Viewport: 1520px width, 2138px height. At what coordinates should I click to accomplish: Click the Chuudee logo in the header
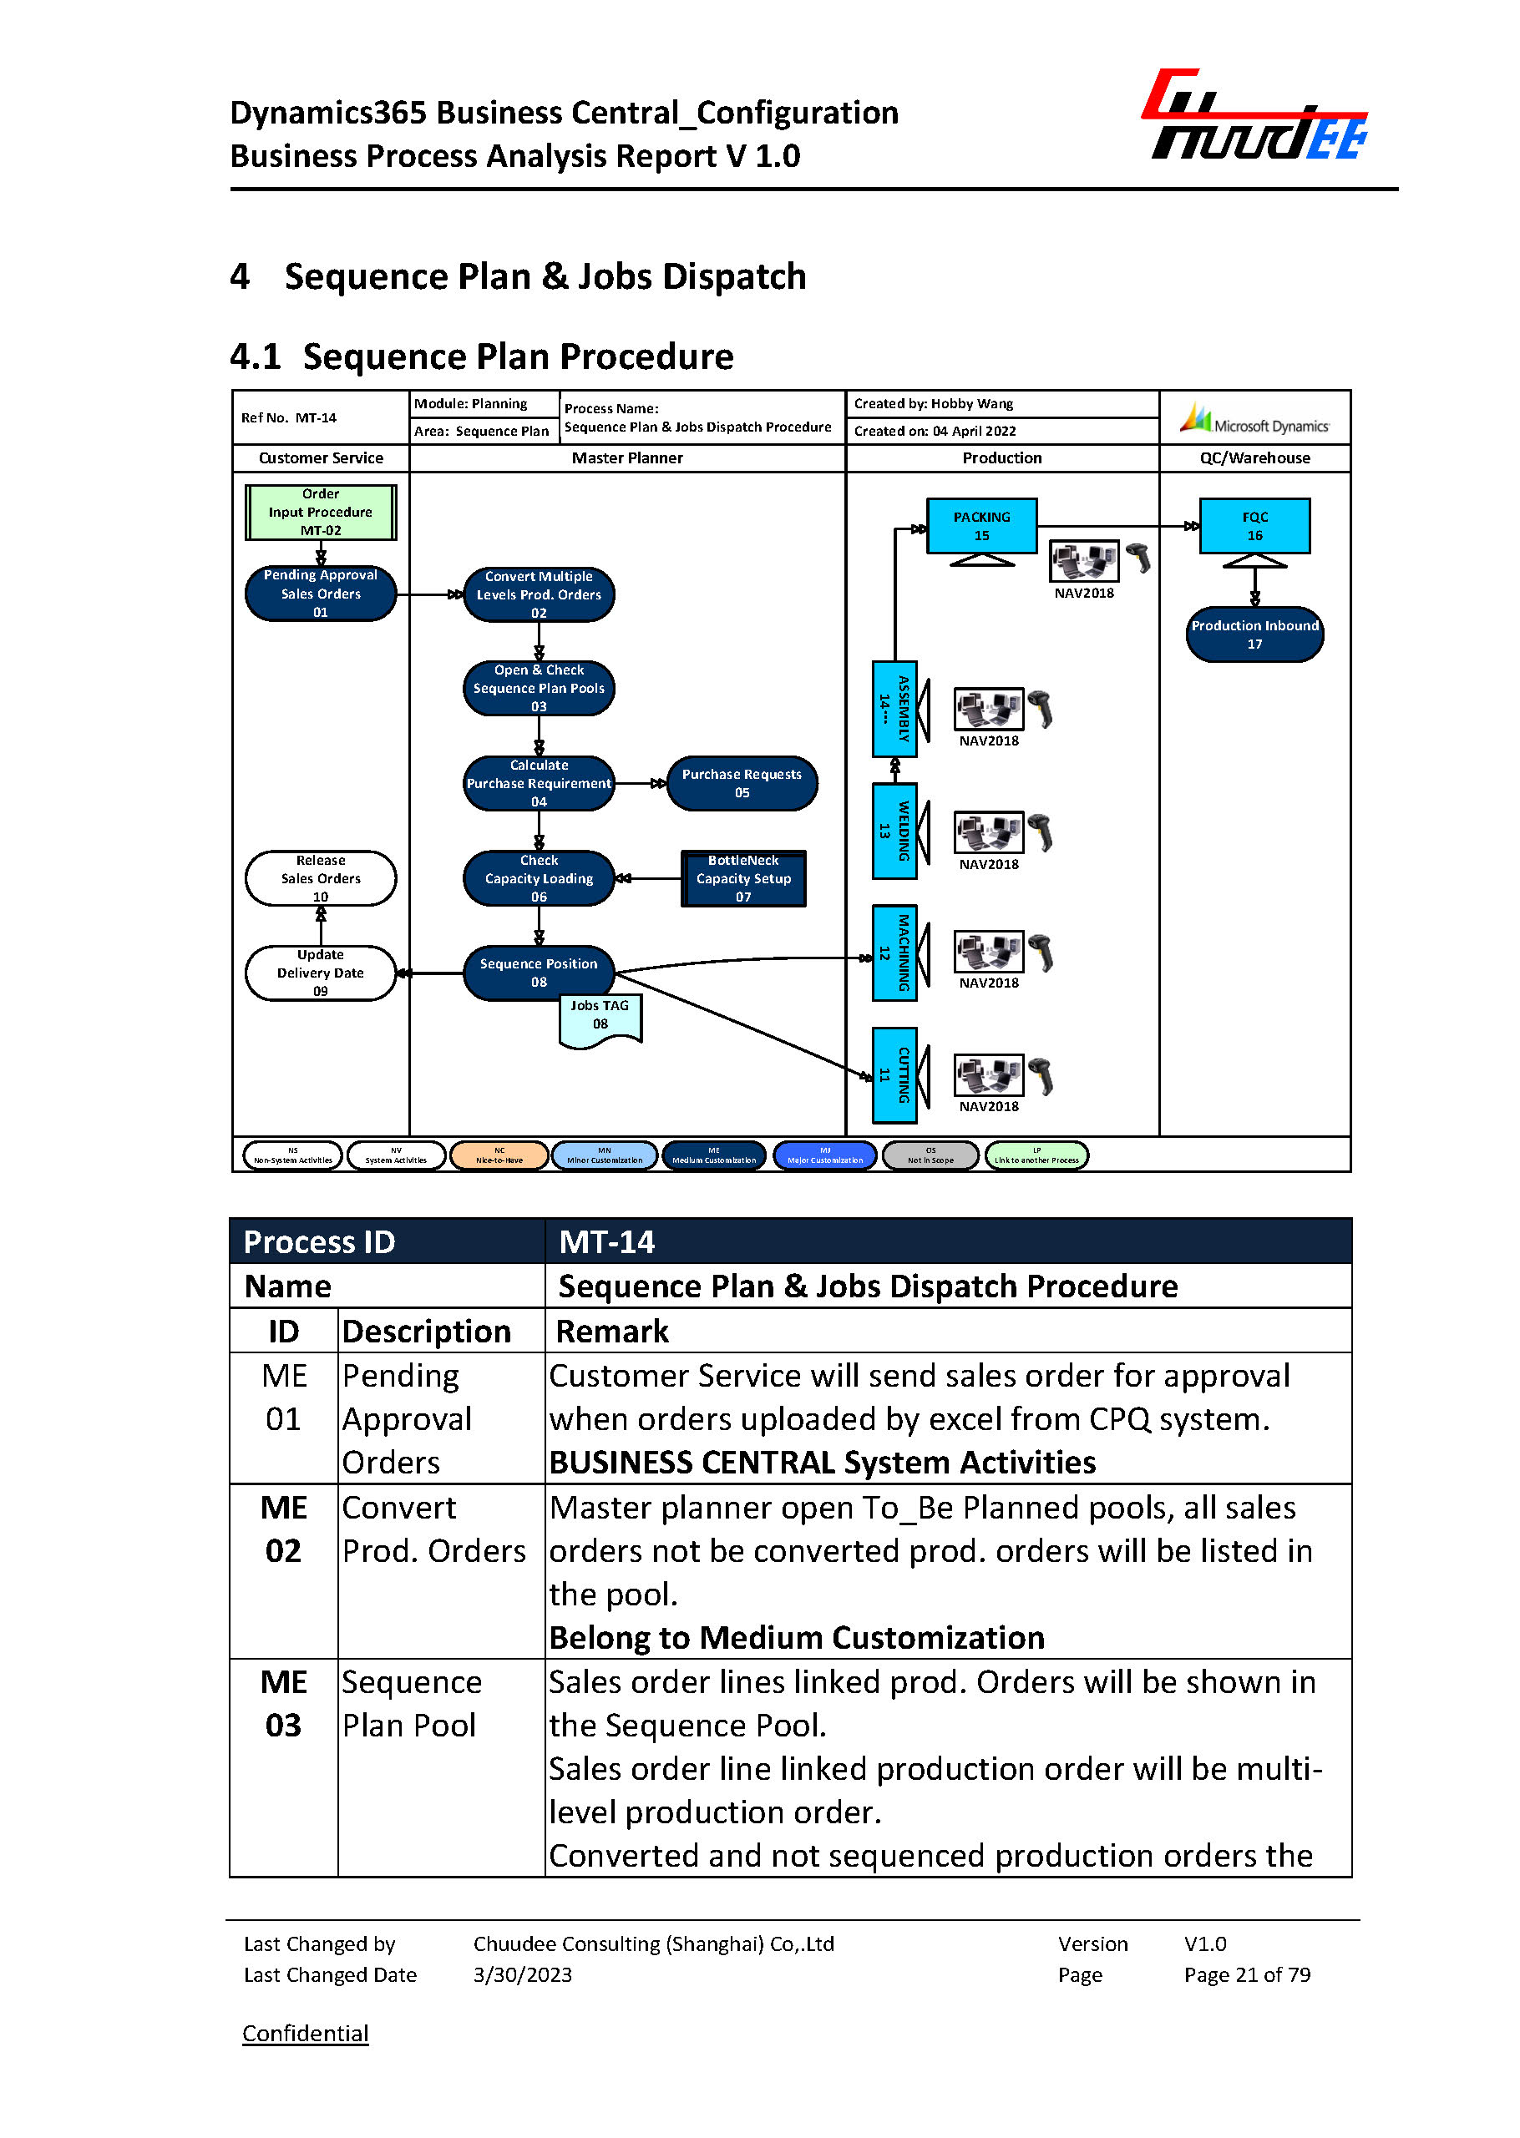click(1254, 116)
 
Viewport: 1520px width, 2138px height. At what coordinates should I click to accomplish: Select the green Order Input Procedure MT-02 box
click(320, 512)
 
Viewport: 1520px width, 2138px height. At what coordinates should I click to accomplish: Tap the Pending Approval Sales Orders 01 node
click(320, 594)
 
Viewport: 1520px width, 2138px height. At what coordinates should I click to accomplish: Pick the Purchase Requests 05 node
click(742, 783)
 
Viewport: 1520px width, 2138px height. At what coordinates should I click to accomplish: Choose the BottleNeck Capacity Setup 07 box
click(743, 878)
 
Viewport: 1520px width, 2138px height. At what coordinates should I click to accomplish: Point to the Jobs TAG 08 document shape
click(600, 1018)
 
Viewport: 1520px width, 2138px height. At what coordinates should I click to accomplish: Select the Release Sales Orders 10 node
click(320, 877)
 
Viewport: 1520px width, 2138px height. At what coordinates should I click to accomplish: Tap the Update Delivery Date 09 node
click(320, 973)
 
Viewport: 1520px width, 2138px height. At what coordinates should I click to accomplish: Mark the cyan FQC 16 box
click(1254, 526)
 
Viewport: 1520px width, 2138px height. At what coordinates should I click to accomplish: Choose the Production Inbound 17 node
click(1254, 634)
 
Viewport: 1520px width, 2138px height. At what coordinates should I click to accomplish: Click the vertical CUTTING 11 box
click(894, 1075)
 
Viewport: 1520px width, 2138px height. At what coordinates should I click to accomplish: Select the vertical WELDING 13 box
click(894, 831)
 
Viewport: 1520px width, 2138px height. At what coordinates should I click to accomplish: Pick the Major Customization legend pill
click(824, 1155)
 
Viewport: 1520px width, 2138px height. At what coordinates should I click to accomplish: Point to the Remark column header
click(612, 1331)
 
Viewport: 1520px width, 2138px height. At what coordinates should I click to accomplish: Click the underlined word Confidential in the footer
click(305, 2033)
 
